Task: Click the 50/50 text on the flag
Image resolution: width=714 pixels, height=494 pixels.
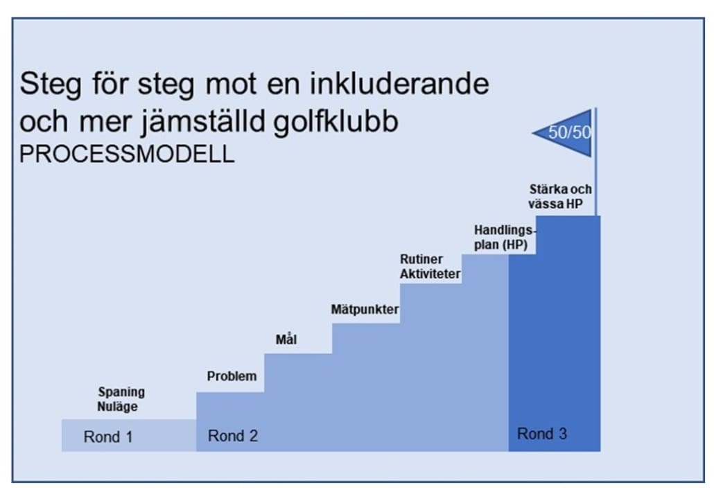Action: pyautogui.click(x=570, y=132)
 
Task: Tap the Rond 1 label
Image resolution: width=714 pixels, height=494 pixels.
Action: pyautogui.click(x=108, y=436)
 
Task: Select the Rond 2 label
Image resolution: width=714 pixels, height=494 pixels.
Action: pyautogui.click(x=233, y=436)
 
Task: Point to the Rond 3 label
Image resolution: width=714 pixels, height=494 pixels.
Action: pyautogui.click(x=542, y=434)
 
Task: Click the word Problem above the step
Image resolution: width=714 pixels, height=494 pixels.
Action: pyautogui.click(x=232, y=376)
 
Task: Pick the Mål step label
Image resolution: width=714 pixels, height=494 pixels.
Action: pyautogui.click(x=286, y=339)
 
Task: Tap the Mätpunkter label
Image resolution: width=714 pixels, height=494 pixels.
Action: pyautogui.click(x=365, y=310)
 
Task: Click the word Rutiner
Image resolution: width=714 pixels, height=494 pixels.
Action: pyautogui.click(x=421, y=259)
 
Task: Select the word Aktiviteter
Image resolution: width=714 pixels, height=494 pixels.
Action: pyautogui.click(x=430, y=274)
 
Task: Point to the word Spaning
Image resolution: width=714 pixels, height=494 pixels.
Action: pyautogui.click(x=121, y=392)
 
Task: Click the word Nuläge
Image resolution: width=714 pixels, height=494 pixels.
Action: pyautogui.click(x=117, y=406)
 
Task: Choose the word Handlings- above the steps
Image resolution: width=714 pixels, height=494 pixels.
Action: pyautogui.click(x=505, y=231)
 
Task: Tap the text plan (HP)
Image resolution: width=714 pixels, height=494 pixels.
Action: pyautogui.click(x=501, y=245)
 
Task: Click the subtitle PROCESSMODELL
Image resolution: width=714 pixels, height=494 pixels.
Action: pyautogui.click(x=127, y=154)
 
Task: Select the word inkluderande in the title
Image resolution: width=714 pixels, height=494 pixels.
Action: pyautogui.click(x=399, y=84)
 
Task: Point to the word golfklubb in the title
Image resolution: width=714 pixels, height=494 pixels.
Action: pyautogui.click(x=336, y=121)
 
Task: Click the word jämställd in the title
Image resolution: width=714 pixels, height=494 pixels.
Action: pyautogui.click(x=203, y=121)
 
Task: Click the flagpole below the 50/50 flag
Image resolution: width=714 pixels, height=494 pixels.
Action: pyautogui.click(x=595, y=186)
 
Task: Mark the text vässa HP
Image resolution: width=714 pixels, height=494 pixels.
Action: pyautogui.click(x=555, y=204)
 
